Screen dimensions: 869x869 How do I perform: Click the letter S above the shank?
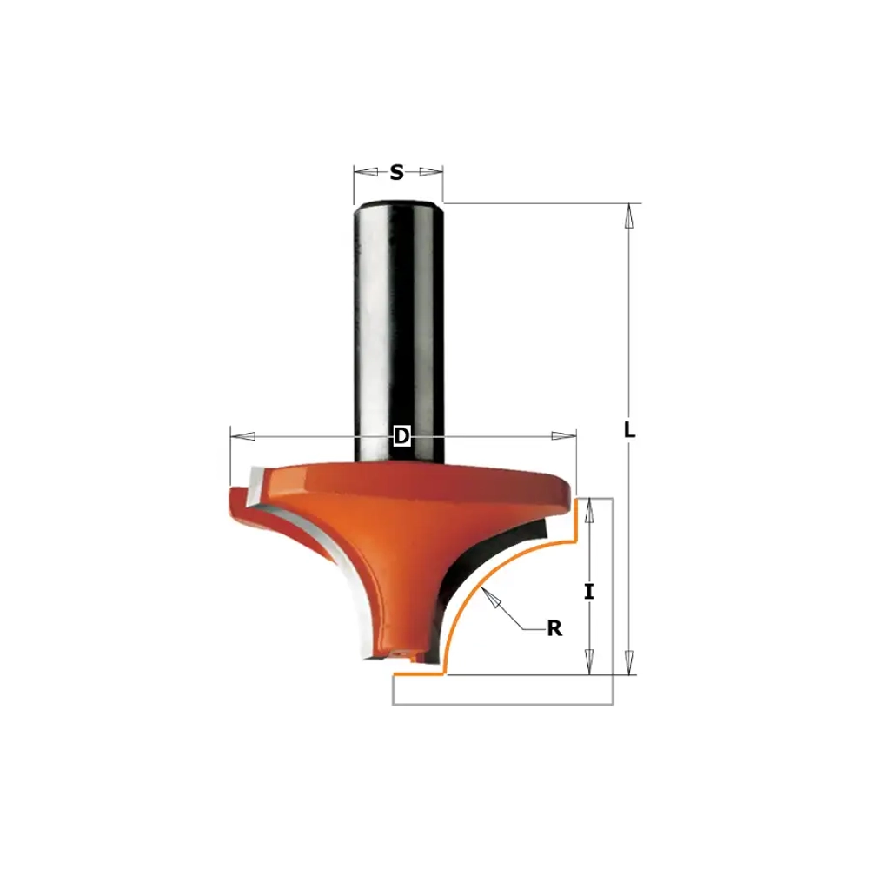point(397,172)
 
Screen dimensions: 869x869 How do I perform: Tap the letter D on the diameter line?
point(401,436)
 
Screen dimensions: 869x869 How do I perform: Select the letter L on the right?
point(629,430)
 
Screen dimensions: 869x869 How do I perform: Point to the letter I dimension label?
point(589,592)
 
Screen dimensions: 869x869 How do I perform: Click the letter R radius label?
point(554,628)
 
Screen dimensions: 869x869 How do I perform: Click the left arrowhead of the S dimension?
point(366,172)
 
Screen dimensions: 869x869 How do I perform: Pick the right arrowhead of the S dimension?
point(431,172)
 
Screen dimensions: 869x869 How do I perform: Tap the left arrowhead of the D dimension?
point(242,436)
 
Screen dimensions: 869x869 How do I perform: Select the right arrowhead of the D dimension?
point(564,436)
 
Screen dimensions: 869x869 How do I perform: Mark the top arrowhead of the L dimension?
point(628,216)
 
